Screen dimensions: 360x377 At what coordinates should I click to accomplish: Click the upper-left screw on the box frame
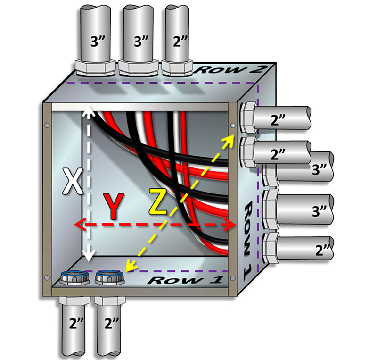tap(47, 125)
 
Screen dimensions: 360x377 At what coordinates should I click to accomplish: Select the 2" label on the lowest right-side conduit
tap(323, 249)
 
